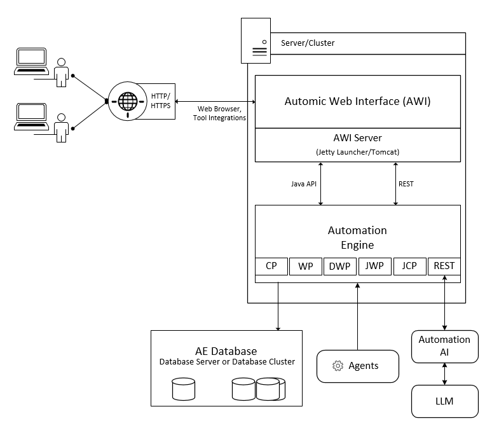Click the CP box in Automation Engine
[x=271, y=266]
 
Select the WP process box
[x=306, y=266]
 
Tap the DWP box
[x=340, y=266]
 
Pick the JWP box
[x=374, y=266]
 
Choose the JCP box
[x=409, y=266]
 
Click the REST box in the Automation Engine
[x=444, y=266]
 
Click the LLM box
[x=444, y=401]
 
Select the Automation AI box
[x=444, y=346]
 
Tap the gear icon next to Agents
[x=338, y=366]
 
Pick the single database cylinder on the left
[x=183, y=389]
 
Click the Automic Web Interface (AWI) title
[x=357, y=101]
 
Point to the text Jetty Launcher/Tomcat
[x=357, y=152]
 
